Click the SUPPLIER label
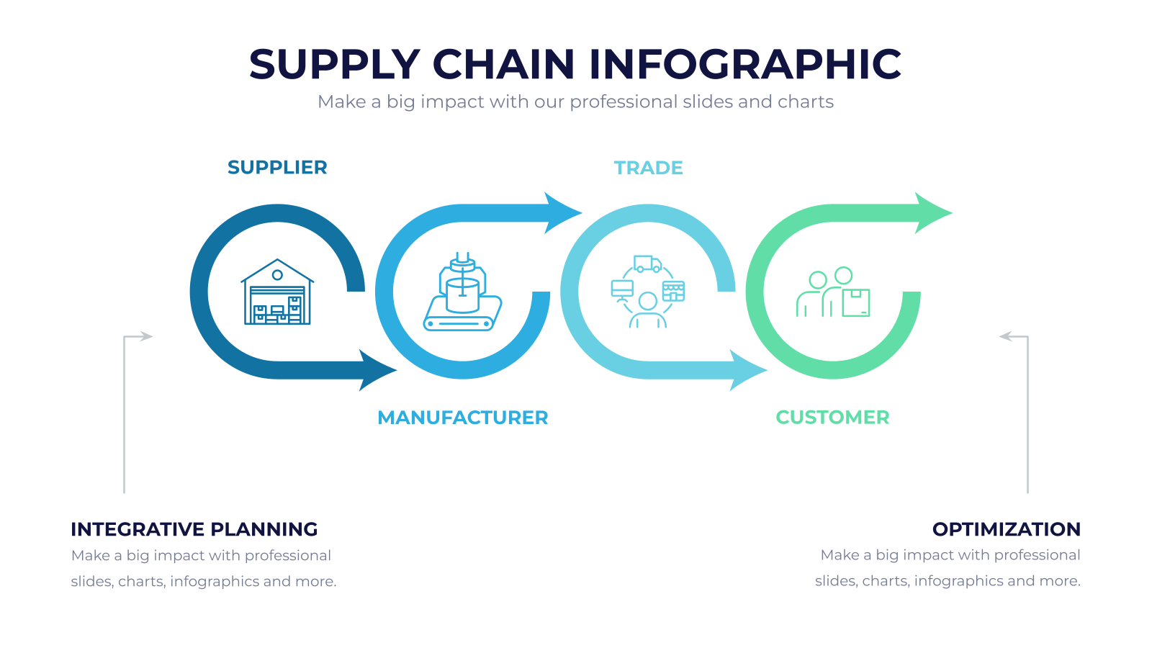tap(277, 168)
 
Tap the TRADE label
tap(649, 168)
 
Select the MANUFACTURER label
tap(463, 418)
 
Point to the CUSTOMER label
tap(832, 418)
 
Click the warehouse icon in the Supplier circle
tap(277, 292)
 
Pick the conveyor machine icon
tap(462, 292)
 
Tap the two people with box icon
tap(833, 292)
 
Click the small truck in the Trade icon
tap(647, 264)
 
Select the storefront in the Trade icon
tap(674, 291)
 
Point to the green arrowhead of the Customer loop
tap(932, 213)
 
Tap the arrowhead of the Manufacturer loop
tap(562, 213)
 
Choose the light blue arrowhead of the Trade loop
tap(747, 370)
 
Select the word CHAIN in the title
tap(503, 64)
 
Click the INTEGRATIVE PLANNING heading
tap(194, 529)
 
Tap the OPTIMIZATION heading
tap(1007, 529)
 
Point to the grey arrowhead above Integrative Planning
tap(146, 336)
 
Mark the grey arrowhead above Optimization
tap(1006, 336)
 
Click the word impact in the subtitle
tap(453, 102)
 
